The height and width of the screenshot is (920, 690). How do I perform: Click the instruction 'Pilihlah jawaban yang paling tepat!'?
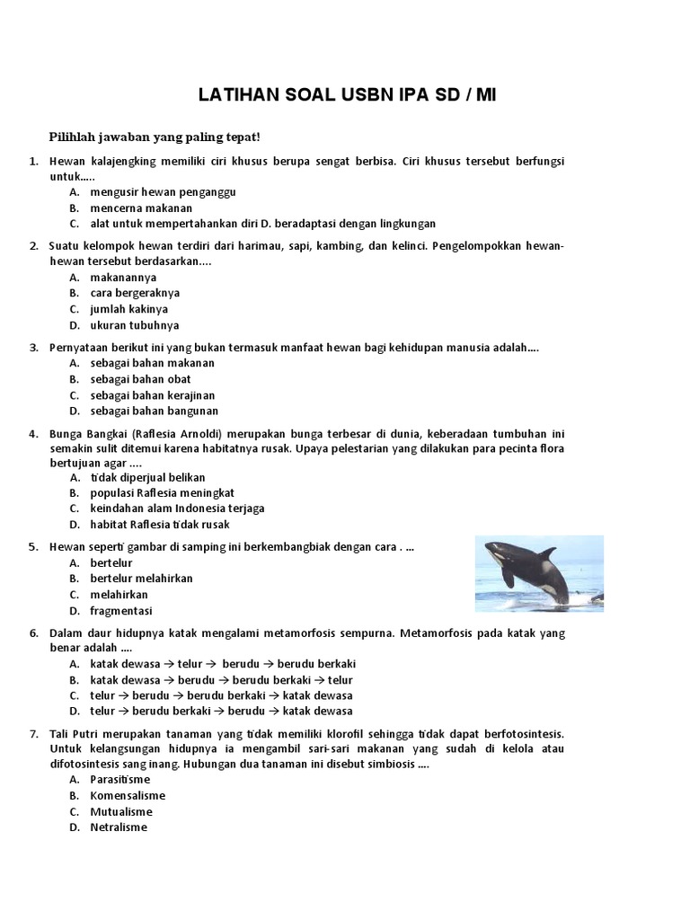154,137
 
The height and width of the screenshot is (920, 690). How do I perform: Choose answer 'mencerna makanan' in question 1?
141,208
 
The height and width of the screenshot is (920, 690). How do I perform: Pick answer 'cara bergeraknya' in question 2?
135,293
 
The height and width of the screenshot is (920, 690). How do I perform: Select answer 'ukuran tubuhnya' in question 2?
135,325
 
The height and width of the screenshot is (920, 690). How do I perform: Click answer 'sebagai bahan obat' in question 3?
140,379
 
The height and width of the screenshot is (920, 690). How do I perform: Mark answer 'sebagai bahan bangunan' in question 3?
154,411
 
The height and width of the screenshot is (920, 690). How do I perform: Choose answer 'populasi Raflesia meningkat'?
162,493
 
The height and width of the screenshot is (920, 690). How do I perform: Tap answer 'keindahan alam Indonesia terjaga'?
177,509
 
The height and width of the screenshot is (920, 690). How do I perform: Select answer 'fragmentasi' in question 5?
121,610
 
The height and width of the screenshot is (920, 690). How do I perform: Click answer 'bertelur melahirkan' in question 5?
141,579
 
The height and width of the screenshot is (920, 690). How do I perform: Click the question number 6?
33,632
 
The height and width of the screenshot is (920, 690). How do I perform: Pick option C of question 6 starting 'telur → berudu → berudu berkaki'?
221,695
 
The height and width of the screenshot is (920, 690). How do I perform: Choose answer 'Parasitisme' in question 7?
120,779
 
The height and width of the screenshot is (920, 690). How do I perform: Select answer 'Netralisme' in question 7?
118,827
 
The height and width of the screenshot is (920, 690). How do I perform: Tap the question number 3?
33,347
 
